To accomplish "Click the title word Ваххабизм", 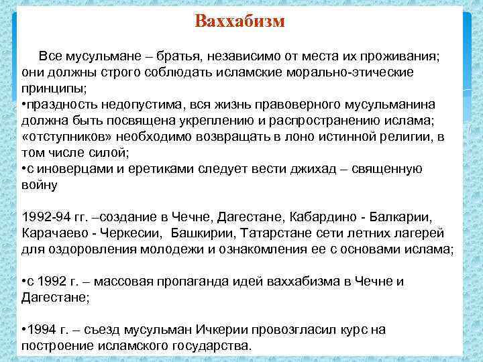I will [x=240, y=21].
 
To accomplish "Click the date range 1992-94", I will [x=46, y=217].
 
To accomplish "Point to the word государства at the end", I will [x=209, y=346].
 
